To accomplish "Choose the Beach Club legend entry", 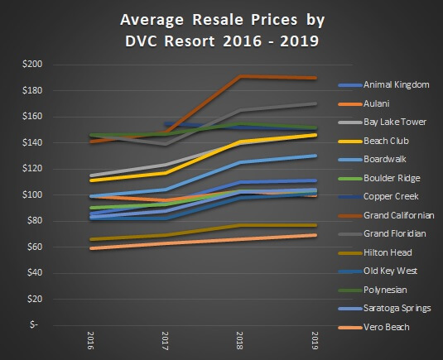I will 383,142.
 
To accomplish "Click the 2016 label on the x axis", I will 90,339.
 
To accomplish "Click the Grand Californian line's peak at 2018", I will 240,76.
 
